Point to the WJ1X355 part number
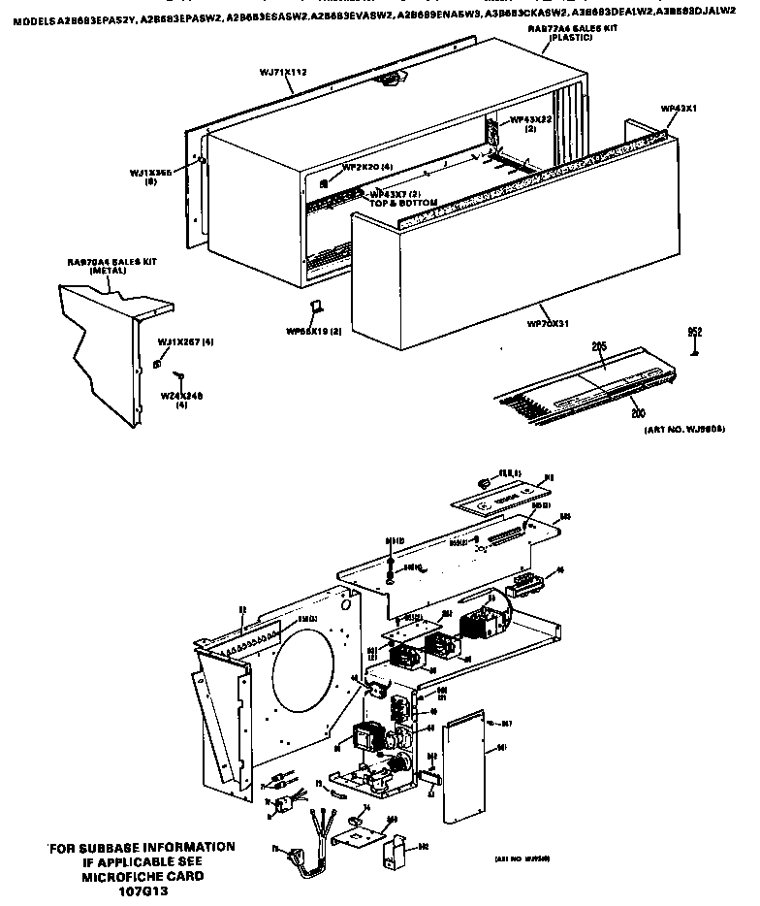coord(151,173)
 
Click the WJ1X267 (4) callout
coord(185,341)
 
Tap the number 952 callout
coord(694,332)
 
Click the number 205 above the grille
coord(599,346)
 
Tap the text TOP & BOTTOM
coord(403,202)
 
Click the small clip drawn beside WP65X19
coord(314,308)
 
